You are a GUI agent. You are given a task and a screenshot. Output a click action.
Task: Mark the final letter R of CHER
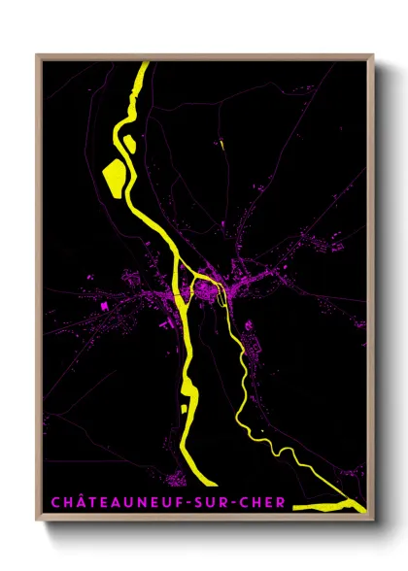pos(282,502)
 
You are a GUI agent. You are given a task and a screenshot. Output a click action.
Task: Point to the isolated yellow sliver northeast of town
pos(222,147)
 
